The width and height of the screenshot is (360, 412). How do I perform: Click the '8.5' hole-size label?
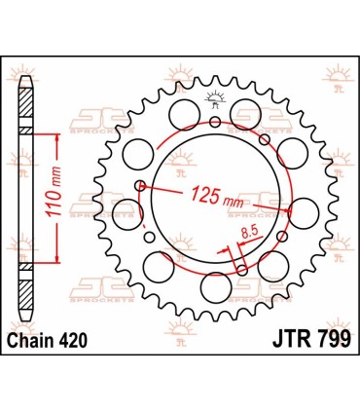(x=247, y=232)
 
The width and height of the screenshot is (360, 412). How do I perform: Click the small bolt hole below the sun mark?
(x=215, y=122)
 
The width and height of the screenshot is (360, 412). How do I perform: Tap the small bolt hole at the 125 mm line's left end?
(x=142, y=184)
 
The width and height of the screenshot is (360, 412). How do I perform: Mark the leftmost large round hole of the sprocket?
(x=126, y=208)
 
